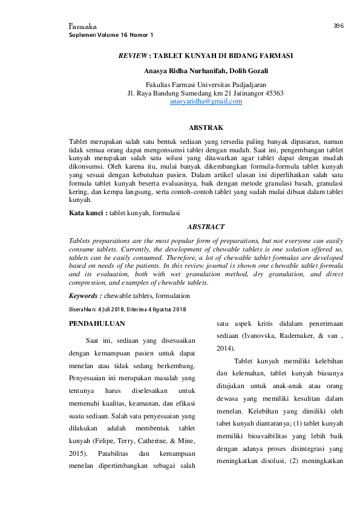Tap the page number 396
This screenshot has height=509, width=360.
[x=338, y=26]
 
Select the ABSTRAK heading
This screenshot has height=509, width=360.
[x=206, y=128]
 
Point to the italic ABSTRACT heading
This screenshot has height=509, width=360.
[x=206, y=227]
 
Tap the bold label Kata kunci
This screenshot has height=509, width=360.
[x=88, y=213]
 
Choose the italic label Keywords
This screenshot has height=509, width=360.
[x=85, y=296]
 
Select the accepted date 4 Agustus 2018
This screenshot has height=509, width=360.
[x=166, y=310]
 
